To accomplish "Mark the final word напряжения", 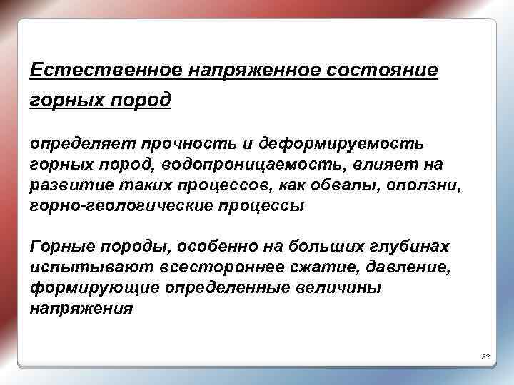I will click(81, 309).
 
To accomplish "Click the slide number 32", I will click(485, 356).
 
